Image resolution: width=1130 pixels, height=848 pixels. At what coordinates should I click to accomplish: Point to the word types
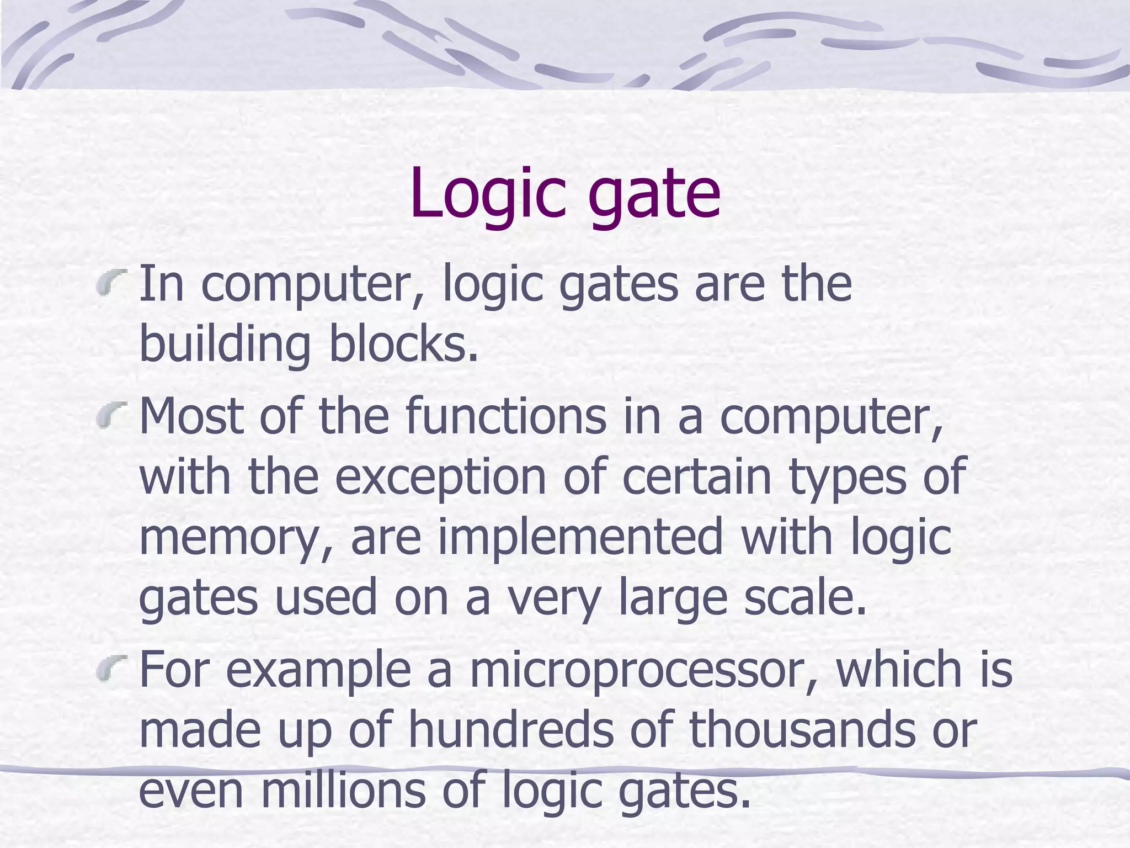tap(847, 480)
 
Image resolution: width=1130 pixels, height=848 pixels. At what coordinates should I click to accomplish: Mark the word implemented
tap(580, 538)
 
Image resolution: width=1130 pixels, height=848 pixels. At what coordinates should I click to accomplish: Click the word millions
tap(343, 789)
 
